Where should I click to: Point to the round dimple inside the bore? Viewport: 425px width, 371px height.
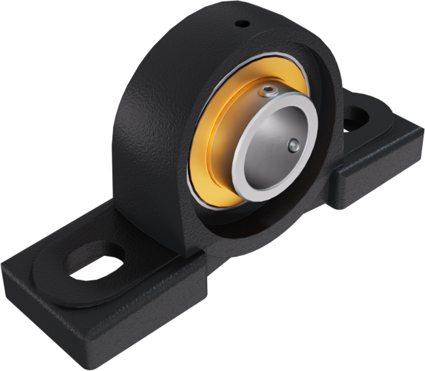(x=293, y=144)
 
